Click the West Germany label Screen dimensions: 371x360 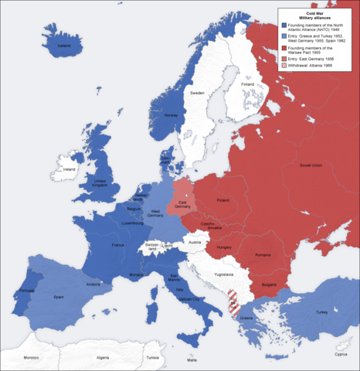pos(156,212)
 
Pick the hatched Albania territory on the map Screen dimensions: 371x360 pos(233,305)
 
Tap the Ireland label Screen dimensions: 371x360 pos(70,168)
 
